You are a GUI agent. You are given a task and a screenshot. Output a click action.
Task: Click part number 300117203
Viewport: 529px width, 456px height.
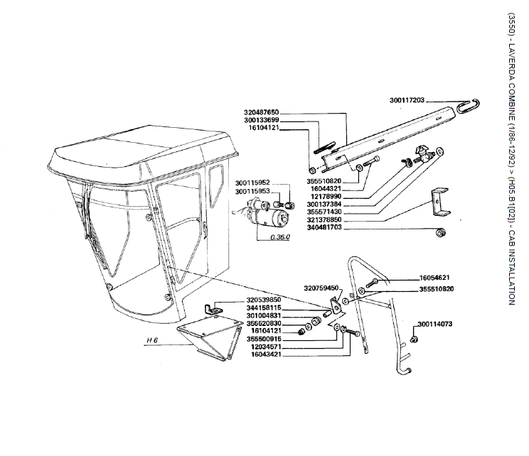[407, 100]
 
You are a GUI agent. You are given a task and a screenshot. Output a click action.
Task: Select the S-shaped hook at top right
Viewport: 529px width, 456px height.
[469, 106]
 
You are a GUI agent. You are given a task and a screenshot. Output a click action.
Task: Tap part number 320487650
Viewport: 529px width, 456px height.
[262, 112]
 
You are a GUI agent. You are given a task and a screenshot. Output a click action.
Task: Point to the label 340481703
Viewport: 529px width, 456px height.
[324, 227]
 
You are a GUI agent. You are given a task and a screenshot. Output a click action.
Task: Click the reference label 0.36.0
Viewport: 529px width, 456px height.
[280, 237]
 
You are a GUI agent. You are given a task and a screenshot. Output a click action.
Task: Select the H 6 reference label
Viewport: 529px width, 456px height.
[152, 340]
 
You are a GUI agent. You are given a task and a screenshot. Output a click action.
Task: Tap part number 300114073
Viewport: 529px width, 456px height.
[435, 324]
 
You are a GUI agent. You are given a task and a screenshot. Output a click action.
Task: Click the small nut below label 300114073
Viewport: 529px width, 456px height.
[413, 339]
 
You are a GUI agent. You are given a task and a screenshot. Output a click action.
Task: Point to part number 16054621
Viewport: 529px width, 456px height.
[434, 278]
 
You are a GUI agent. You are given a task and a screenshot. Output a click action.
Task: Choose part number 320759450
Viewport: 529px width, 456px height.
[321, 288]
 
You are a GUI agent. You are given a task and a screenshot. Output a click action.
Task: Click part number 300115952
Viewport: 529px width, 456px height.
[252, 183]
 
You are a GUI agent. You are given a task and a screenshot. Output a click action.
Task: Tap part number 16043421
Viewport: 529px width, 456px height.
[266, 354]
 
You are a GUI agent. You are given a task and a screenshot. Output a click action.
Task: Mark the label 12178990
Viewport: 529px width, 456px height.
[326, 197]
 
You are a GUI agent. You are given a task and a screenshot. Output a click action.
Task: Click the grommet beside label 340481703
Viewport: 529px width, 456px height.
[440, 232]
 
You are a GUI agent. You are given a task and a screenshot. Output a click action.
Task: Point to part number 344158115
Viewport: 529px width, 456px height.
[264, 308]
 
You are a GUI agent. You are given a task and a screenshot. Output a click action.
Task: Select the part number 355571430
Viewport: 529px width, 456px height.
[324, 212]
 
